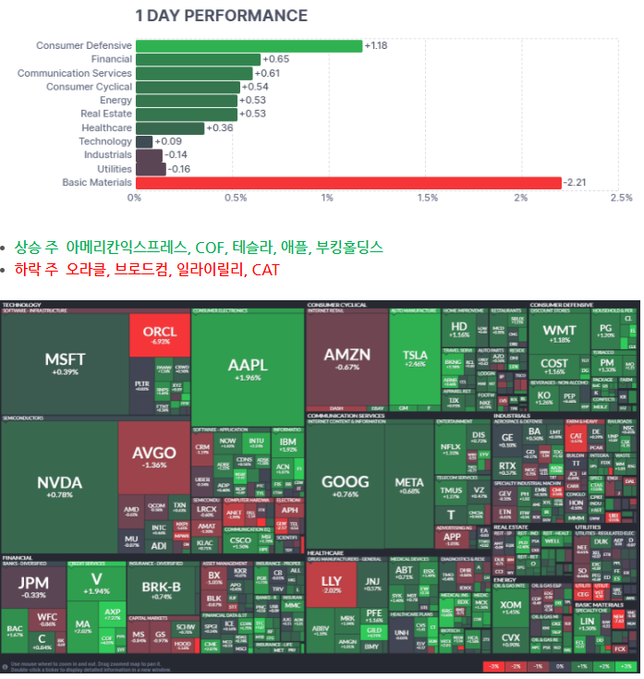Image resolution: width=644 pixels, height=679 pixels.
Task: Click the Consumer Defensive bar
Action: (x=249, y=46)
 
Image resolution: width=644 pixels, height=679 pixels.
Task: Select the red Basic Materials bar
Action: (x=348, y=183)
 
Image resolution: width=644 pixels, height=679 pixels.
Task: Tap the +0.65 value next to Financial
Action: (x=276, y=59)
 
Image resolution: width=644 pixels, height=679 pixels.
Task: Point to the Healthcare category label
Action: (x=106, y=127)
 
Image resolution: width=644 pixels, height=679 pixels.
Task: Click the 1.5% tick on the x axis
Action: (x=428, y=198)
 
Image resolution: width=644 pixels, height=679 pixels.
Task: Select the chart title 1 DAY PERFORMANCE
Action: (x=222, y=16)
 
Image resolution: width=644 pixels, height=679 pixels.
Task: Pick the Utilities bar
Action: (x=151, y=169)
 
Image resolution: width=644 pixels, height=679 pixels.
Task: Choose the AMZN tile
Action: (x=346, y=358)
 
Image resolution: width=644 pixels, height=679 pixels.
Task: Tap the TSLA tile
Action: (x=415, y=358)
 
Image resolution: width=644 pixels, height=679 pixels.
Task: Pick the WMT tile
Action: (x=559, y=333)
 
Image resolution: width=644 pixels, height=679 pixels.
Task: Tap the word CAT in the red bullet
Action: (x=264, y=270)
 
